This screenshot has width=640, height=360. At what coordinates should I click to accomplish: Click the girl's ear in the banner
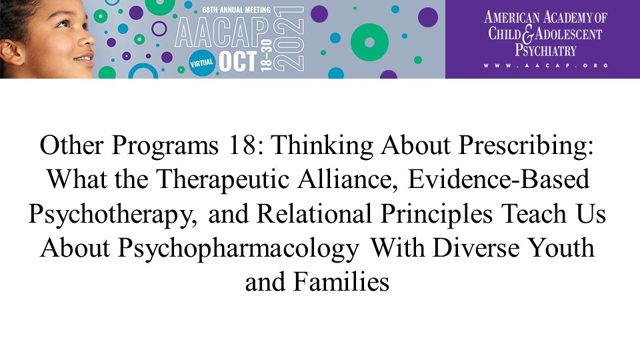click(11, 52)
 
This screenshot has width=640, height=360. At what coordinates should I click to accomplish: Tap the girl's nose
click(87, 39)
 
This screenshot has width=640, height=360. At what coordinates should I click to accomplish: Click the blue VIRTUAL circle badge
click(202, 63)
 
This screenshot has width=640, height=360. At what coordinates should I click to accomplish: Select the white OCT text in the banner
click(238, 61)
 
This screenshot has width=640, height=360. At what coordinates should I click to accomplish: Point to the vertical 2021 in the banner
click(289, 39)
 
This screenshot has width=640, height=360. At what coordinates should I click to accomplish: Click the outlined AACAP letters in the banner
click(222, 33)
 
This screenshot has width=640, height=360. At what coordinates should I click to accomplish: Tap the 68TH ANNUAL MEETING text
click(236, 9)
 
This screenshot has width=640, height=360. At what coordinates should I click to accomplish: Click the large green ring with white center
click(369, 43)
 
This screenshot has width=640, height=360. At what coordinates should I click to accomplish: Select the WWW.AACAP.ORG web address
click(546, 65)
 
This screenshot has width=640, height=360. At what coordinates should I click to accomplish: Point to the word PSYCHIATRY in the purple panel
click(545, 51)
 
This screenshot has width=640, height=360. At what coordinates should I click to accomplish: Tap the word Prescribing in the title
click(526, 146)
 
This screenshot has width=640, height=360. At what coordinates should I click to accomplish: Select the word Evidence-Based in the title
click(499, 179)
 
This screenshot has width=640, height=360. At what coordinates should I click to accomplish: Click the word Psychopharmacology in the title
click(239, 249)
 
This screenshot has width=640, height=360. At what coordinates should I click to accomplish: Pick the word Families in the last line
click(341, 282)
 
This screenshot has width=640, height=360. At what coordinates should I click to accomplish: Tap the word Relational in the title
click(314, 213)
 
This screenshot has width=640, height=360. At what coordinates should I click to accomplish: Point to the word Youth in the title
click(561, 248)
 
